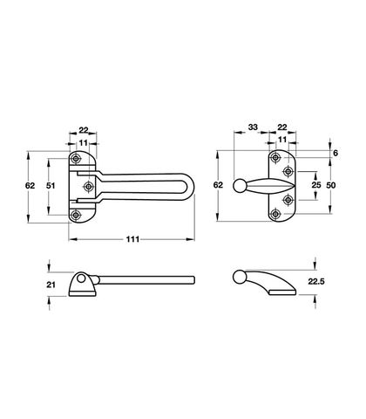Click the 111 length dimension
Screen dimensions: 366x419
(132, 239)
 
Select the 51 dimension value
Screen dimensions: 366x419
(51, 185)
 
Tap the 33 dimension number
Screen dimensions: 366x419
(253, 127)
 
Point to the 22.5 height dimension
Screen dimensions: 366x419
(316, 281)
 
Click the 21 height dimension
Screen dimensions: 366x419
(51, 285)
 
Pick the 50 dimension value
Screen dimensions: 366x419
(330, 185)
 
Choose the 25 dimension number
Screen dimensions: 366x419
(316, 185)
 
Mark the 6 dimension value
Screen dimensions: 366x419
(335, 153)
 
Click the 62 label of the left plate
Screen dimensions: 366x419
(30, 185)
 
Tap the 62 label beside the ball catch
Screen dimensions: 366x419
(218, 185)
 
